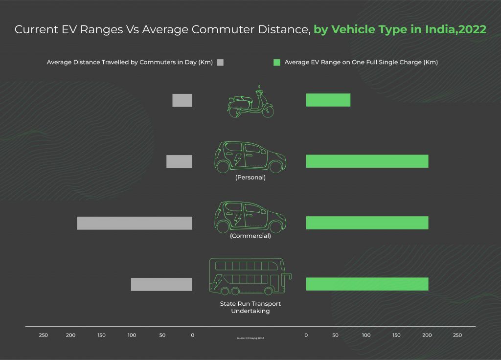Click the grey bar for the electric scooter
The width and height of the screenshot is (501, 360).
(182, 100)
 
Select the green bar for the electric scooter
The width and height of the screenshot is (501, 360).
(328, 100)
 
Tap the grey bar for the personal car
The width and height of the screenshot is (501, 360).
(179, 161)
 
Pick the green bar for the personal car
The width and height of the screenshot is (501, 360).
(367, 161)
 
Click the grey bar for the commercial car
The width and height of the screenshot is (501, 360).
(135, 223)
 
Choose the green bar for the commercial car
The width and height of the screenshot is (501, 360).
(367, 223)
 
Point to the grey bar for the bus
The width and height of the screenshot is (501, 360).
(161, 284)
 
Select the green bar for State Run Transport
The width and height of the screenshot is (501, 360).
(367, 284)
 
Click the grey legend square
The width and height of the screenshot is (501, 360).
(220, 63)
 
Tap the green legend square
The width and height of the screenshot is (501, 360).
(276, 63)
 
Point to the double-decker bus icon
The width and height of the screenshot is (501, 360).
(250, 277)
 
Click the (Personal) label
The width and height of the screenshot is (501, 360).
(250, 177)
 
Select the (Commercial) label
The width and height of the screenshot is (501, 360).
(250, 236)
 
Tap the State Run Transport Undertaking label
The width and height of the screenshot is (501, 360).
(250, 307)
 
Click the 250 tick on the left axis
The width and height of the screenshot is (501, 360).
(44, 335)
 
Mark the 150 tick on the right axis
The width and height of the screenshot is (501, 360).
(396, 335)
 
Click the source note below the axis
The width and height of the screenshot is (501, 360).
(250, 338)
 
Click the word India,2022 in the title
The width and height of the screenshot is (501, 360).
(455, 29)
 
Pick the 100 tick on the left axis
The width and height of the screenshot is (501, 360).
(132, 335)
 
